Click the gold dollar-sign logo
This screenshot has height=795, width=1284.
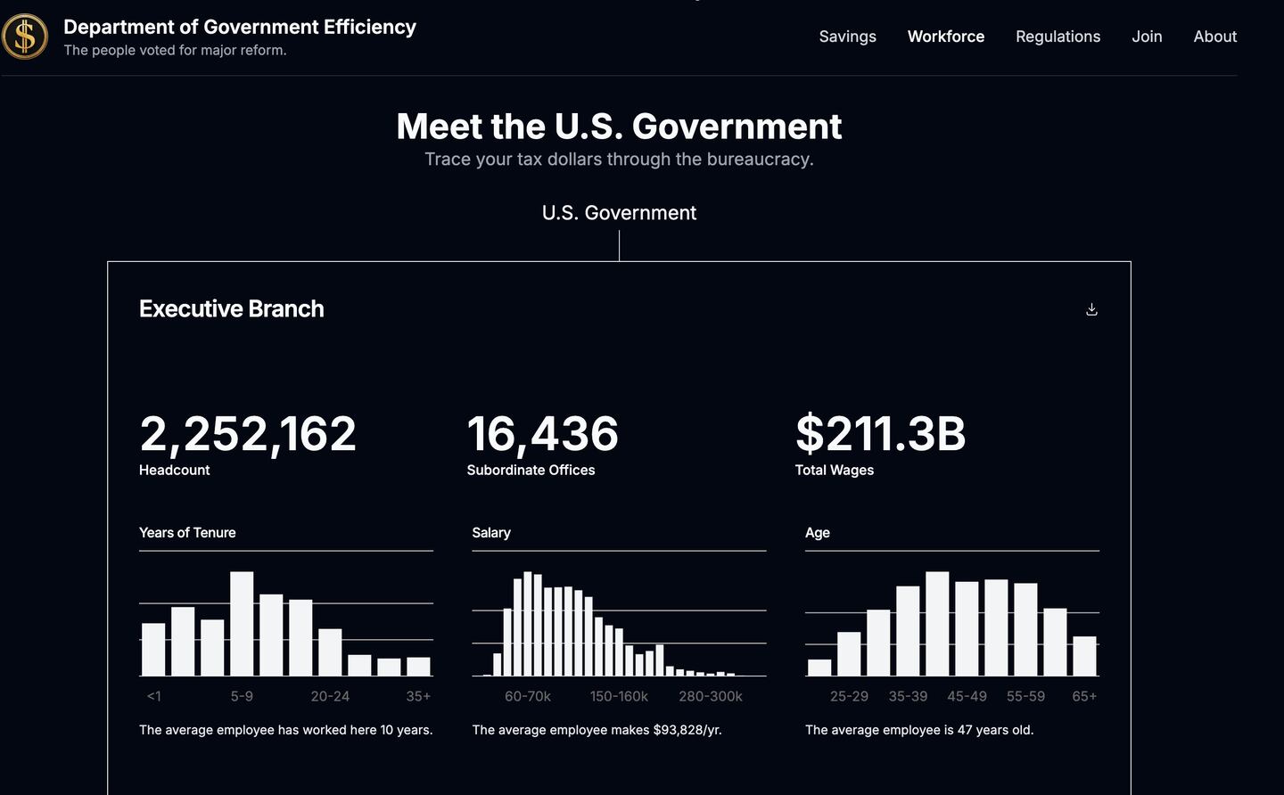pyautogui.click(x=25, y=37)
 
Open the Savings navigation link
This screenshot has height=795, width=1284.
pyautogui.click(x=847, y=37)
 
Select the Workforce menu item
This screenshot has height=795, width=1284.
pyautogui.click(x=945, y=37)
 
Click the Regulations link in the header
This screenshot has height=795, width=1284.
pyautogui.click(x=1058, y=37)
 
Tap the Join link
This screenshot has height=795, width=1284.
pyautogui.click(x=1147, y=37)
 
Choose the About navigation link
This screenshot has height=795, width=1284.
pyautogui.click(x=1214, y=37)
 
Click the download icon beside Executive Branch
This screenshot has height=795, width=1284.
pyautogui.click(x=1091, y=309)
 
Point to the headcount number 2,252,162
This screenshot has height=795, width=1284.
pyautogui.click(x=248, y=434)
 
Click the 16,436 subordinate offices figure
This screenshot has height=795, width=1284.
pyautogui.click(x=542, y=434)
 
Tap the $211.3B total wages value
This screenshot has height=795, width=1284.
pyautogui.click(x=880, y=434)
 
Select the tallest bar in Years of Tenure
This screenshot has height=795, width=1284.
pyautogui.click(x=242, y=624)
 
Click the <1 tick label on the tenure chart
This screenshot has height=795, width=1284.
pyautogui.click(x=153, y=696)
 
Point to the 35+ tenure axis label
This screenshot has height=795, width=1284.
pyautogui.click(x=418, y=696)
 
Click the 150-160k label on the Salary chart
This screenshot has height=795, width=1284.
pyautogui.click(x=619, y=696)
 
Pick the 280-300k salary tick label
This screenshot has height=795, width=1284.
pyautogui.click(x=710, y=696)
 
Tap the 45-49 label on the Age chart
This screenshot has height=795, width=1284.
pyautogui.click(x=967, y=696)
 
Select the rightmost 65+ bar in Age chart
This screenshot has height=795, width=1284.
pyautogui.click(x=1084, y=656)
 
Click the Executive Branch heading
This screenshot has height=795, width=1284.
pyautogui.click(x=232, y=309)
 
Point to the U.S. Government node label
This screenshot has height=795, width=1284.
pyautogui.click(x=619, y=213)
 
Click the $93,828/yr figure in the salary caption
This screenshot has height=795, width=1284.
pyautogui.click(x=687, y=730)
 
